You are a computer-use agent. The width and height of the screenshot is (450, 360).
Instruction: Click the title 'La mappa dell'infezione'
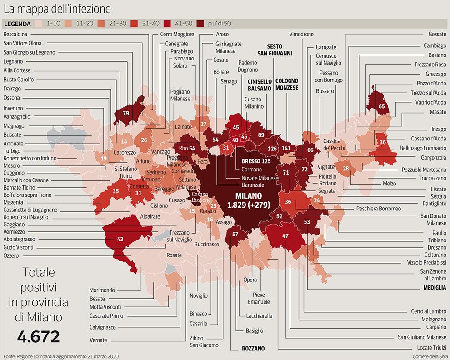(x=57, y=9)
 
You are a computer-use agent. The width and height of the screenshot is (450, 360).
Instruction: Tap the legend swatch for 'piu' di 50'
(x=200, y=24)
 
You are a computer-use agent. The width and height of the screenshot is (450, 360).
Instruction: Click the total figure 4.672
(x=39, y=336)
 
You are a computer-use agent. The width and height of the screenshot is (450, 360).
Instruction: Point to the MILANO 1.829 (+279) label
(x=249, y=200)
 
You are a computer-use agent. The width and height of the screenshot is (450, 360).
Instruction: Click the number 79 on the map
(x=126, y=113)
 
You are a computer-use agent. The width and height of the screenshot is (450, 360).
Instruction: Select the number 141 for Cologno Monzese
(x=286, y=148)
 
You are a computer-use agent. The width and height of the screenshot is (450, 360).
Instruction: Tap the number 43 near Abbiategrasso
(x=120, y=239)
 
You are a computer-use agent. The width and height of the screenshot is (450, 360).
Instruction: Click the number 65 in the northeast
(x=382, y=106)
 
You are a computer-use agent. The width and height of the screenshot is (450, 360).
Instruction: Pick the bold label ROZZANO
(x=253, y=349)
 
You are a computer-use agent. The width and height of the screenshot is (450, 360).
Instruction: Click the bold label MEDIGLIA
(x=435, y=288)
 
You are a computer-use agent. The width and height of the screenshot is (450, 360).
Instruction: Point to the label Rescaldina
(x=15, y=34)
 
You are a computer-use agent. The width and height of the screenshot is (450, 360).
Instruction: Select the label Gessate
(x=437, y=34)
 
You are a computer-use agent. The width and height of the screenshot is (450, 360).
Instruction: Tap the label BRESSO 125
(x=256, y=161)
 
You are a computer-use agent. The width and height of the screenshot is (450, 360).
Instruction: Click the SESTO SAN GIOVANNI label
(x=275, y=50)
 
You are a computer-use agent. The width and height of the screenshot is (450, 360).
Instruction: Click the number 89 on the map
(x=261, y=135)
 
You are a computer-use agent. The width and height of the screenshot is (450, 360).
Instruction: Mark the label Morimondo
(x=102, y=290)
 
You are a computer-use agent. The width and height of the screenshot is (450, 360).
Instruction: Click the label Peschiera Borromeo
(x=379, y=209)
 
